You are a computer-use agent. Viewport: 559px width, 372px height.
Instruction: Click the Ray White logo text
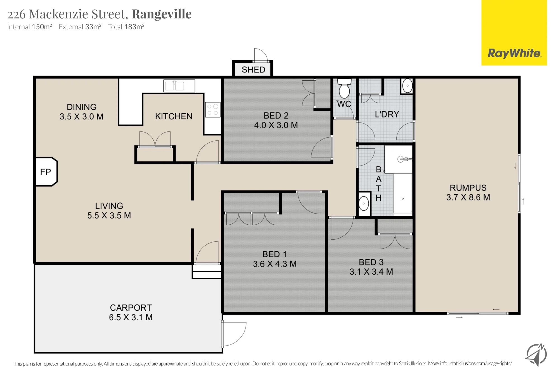(x=514, y=53)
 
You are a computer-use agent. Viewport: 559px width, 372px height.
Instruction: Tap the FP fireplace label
(x=46, y=172)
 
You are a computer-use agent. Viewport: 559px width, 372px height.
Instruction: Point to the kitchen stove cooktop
(x=213, y=110)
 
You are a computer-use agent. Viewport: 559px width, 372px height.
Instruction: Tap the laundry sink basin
(x=407, y=86)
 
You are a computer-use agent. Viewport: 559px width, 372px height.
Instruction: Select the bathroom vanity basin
(x=364, y=203)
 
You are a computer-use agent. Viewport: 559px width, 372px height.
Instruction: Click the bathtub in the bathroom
(x=403, y=193)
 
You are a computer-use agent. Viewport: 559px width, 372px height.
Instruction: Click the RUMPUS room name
(x=468, y=188)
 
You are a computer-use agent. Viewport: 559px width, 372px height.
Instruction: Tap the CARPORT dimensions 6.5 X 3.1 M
(x=131, y=317)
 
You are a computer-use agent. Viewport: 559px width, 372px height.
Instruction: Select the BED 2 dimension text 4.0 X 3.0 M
(x=276, y=125)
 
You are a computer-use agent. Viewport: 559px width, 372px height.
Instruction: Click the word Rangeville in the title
(x=162, y=14)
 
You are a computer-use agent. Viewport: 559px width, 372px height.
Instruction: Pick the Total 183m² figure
(x=126, y=27)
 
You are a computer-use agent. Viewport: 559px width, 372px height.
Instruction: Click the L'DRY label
(x=387, y=114)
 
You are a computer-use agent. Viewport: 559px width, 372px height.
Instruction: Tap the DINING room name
(x=82, y=107)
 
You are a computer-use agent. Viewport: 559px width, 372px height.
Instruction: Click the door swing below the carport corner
(x=234, y=334)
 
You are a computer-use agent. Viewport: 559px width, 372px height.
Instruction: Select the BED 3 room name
(x=371, y=262)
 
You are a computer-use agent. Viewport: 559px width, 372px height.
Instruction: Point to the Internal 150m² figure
(x=30, y=27)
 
